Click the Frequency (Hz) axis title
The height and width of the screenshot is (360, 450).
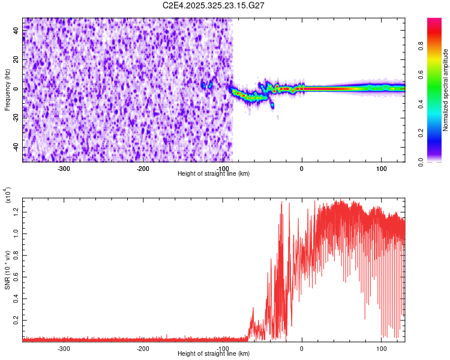point(7,90)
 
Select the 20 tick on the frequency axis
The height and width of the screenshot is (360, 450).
point(17,59)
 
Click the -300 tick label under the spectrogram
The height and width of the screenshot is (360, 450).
point(64,169)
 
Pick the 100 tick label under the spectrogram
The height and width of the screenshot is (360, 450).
point(381,169)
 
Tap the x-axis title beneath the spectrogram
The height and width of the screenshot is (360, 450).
point(214,174)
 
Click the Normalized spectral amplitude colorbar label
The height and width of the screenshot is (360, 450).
point(446,90)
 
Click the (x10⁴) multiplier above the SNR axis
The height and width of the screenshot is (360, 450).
point(8,195)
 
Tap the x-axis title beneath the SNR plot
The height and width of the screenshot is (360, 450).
point(214,354)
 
